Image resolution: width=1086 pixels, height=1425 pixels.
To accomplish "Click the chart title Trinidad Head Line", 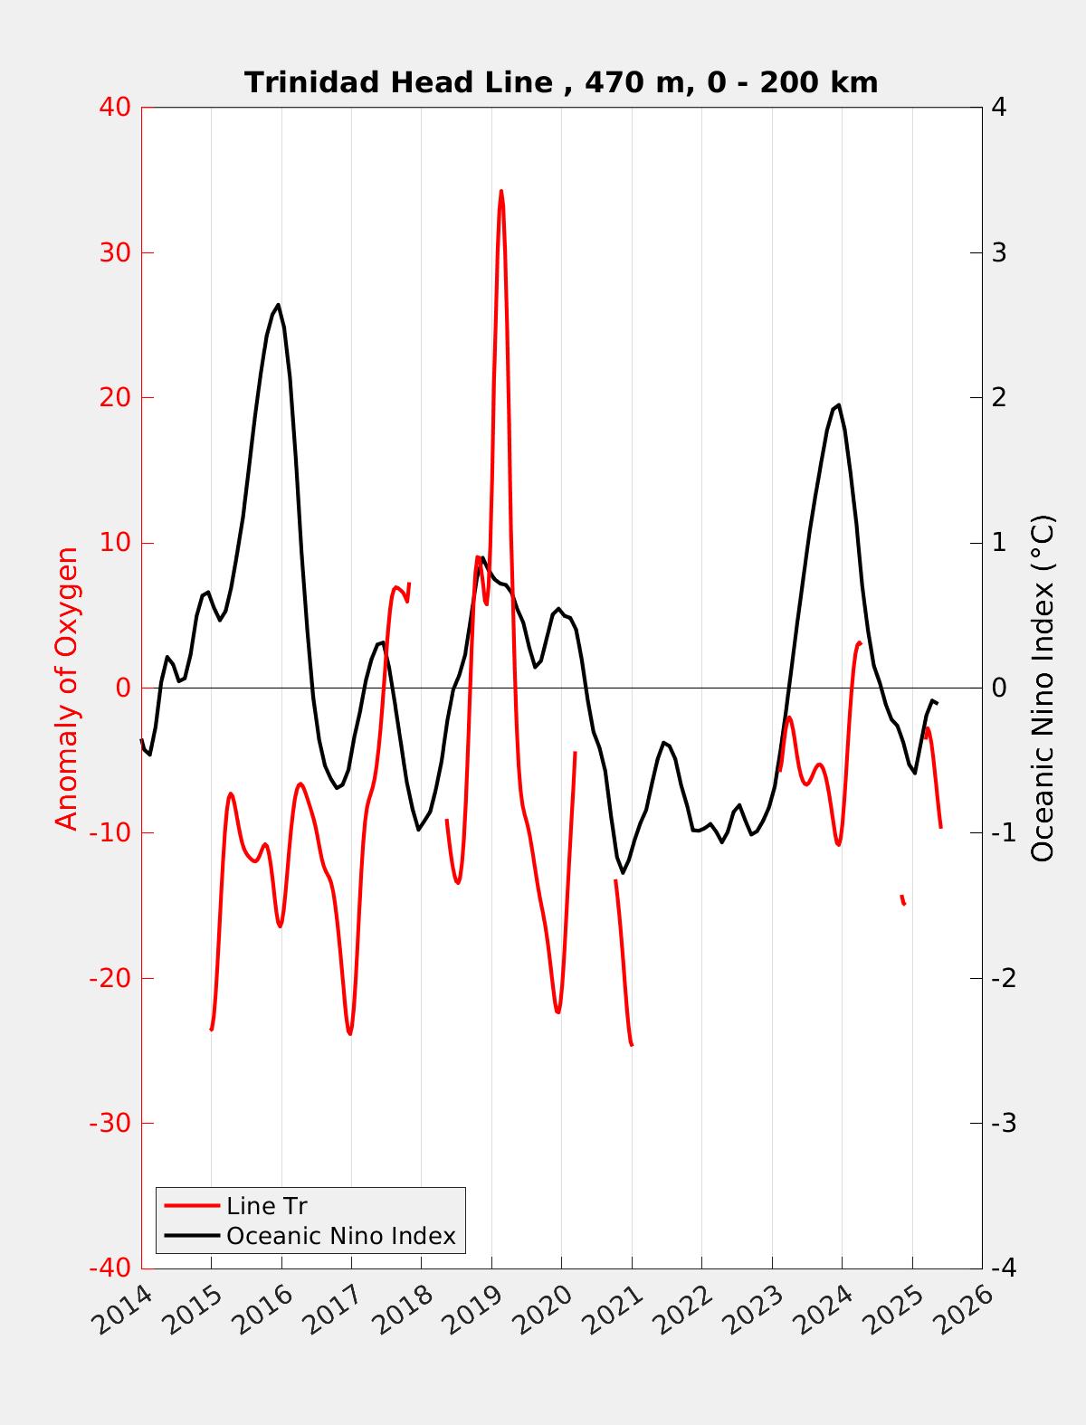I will pyautogui.click(x=560, y=82).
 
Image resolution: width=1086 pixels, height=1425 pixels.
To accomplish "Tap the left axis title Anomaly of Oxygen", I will pyautogui.click(x=67, y=688).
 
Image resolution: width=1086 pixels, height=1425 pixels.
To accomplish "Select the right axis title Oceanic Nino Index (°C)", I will pyautogui.click(x=1043, y=688).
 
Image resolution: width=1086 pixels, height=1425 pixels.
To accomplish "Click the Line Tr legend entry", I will pyautogui.click(x=266, y=1206).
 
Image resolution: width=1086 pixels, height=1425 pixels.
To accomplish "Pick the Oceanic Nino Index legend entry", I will pyautogui.click(x=340, y=1235).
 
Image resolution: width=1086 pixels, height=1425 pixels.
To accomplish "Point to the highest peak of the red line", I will pyautogui.click(x=501, y=191).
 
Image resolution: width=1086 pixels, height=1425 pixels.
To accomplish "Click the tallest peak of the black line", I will pyautogui.click(x=278, y=305).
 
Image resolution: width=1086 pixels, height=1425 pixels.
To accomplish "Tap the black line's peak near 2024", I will pyautogui.click(x=839, y=404).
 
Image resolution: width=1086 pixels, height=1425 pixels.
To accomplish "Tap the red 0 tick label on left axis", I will pyautogui.click(x=123, y=688).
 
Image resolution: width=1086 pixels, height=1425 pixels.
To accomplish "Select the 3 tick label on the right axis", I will pyautogui.click(x=999, y=252).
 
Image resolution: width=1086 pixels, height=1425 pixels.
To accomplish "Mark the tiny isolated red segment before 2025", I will pyautogui.click(x=902, y=899).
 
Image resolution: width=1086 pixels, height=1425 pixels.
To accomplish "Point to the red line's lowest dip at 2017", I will pyautogui.click(x=349, y=1033).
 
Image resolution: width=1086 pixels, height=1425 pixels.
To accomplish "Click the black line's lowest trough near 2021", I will pyautogui.click(x=623, y=872).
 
